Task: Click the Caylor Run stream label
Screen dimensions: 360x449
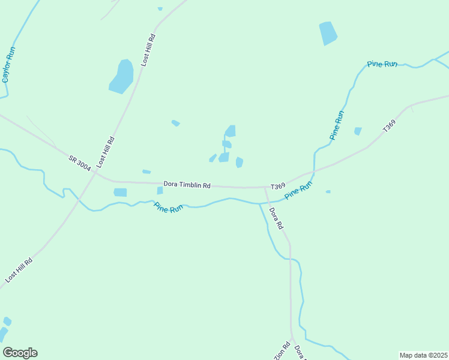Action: click(x=9, y=65)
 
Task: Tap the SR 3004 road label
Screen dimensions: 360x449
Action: click(x=80, y=163)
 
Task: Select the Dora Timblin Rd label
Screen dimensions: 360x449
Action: click(x=187, y=185)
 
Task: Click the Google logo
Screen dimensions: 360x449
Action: click(x=20, y=353)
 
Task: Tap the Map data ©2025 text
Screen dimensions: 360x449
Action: click(x=423, y=355)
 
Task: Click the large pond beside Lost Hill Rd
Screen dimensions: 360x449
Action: click(x=122, y=76)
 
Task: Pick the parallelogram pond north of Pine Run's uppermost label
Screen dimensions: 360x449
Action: click(x=328, y=33)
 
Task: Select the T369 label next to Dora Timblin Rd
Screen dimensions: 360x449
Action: click(x=277, y=187)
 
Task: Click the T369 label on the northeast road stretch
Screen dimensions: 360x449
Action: click(x=390, y=127)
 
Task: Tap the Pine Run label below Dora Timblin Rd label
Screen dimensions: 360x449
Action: click(x=168, y=208)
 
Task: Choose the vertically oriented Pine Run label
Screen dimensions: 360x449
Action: click(x=337, y=125)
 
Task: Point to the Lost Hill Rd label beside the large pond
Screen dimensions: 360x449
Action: click(x=148, y=50)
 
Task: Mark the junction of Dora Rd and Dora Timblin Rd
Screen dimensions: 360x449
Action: click(x=265, y=187)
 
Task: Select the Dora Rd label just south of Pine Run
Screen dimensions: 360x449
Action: click(x=276, y=218)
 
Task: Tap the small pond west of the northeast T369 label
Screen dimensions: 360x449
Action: click(x=358, y=131)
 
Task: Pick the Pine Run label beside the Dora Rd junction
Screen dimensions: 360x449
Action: click(x=298, y=191)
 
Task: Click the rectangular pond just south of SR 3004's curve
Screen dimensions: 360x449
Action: click(x=121, y=193)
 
